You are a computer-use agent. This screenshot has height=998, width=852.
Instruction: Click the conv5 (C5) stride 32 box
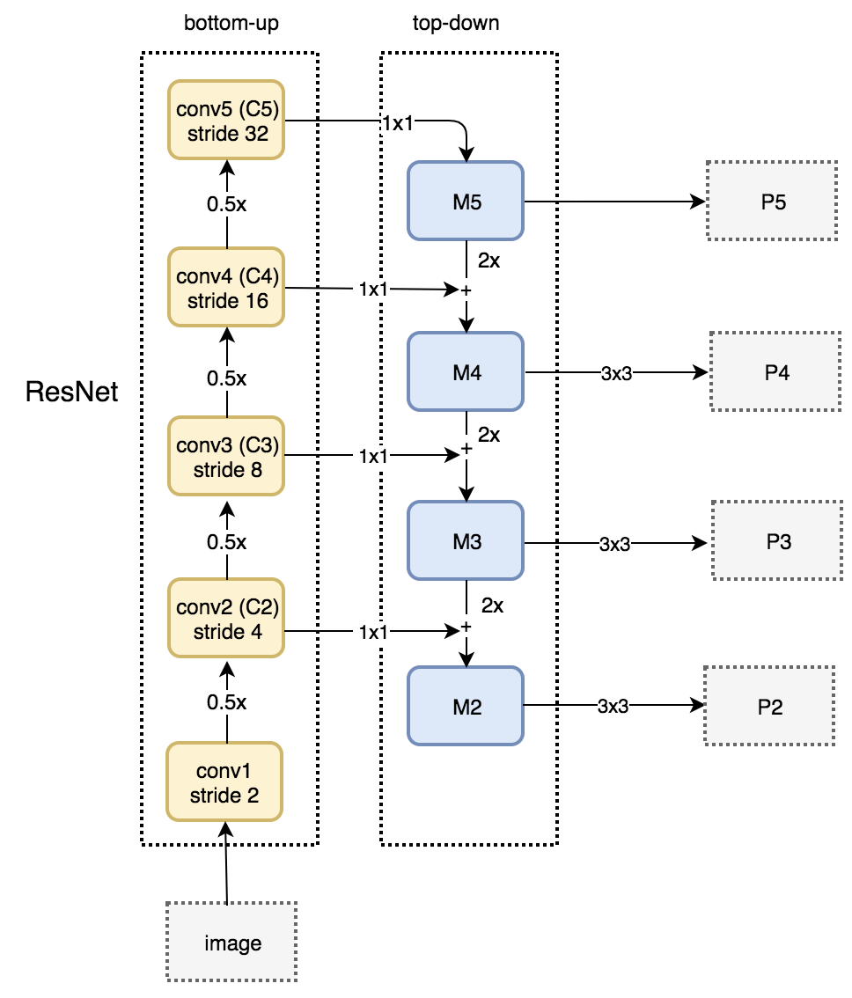tap(226, 120)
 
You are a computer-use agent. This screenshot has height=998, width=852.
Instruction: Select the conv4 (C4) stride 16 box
tap(226, 287)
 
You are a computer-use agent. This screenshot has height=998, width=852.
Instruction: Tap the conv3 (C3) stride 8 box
tap(226, 456)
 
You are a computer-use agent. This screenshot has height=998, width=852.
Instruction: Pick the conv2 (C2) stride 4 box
tap(226, 618)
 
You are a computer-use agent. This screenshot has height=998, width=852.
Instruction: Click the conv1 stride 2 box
tap(224, 782)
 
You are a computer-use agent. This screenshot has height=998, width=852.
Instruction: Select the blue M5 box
tap(466, 202)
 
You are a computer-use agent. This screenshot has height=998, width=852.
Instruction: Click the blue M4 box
tap(466, 371)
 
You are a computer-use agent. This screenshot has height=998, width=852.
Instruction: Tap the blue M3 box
tap(466, 541)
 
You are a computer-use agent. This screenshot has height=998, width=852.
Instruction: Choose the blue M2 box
tap(466, 706)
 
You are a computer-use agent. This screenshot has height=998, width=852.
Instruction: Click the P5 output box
tap(773, 202)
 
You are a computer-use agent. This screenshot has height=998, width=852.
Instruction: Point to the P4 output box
tap(775, 371)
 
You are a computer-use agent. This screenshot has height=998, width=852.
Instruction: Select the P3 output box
tap(777, 541)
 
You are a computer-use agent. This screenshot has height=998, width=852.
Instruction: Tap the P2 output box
tap(769, 706)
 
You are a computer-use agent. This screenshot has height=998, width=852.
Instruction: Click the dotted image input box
tap(231, 942)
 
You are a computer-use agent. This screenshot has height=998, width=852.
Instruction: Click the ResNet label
tap(71, 392)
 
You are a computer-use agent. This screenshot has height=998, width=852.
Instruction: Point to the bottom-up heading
tap(231, 24)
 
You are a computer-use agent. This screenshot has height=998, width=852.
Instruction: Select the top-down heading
tap(456, 24)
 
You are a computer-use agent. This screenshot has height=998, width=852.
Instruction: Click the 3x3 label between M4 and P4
tap(616, 374)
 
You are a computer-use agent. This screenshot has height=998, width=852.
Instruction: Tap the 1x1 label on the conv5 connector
tap(398, 123)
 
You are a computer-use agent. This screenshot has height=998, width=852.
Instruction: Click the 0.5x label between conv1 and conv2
tap(227, 702)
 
